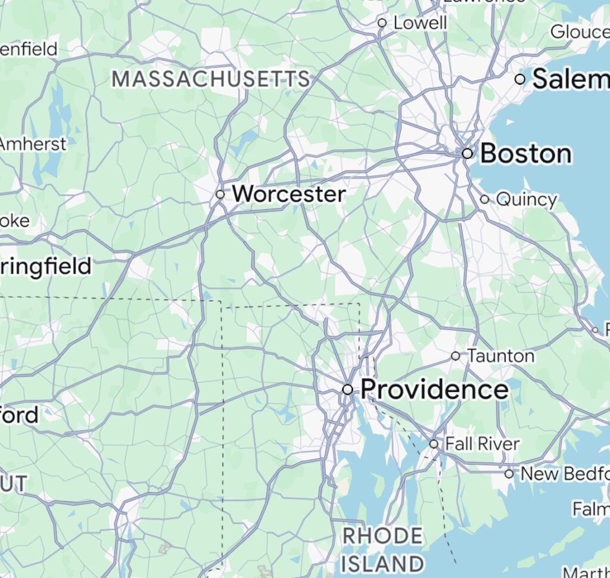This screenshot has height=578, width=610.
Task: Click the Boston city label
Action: [x=525, y=154]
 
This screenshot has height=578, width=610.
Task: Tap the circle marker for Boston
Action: [x=468, y=153]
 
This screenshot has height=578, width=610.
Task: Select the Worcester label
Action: [x=288, y=194]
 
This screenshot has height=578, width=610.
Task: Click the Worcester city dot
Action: [x=220, y=194]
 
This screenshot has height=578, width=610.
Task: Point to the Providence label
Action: [x=434, y=390]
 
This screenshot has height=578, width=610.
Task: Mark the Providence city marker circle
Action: [x=347, y=389]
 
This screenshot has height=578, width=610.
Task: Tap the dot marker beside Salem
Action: [x=520, y=79]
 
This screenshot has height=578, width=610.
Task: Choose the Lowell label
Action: [x=420, y=23]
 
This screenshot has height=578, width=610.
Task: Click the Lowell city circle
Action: [x=382, y=23]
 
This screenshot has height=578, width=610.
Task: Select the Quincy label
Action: [x=526, y=200]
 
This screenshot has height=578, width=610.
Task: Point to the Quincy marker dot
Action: [x=484, y=200]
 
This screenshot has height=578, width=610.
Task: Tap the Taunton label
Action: [x=500, y=356]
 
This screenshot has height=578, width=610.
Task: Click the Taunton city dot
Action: [x=456, y=356]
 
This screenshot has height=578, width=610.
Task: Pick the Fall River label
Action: [x=482, y=444]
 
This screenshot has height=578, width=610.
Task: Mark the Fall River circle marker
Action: [x=434, y=444]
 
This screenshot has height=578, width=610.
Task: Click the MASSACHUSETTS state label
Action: [x=211, y=79]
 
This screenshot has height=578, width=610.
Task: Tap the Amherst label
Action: [x=33, y=144]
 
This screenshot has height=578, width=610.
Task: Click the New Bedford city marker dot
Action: [x=509, y=474]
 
